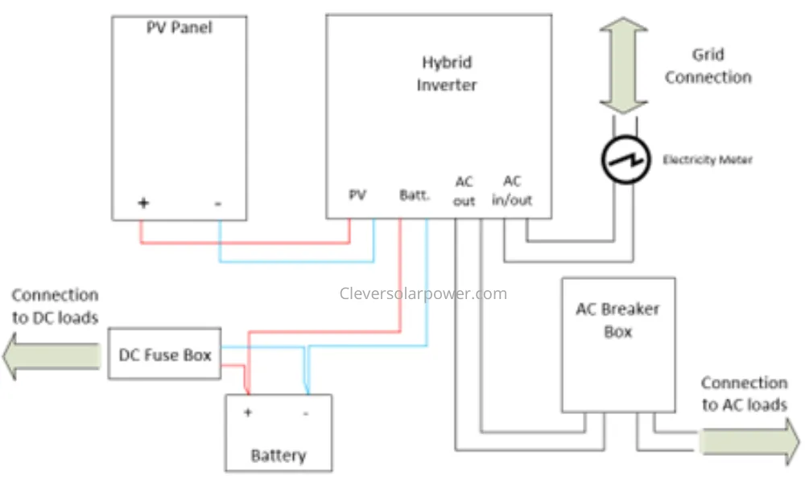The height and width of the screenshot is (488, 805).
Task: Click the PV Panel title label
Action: click(180, 27)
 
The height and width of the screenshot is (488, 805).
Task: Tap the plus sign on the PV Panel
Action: click(144, 203)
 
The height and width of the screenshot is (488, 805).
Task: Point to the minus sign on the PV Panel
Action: click(218, 203)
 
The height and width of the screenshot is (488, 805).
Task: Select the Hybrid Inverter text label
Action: click(446, 73)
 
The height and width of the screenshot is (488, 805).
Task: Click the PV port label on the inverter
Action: click(357, 195)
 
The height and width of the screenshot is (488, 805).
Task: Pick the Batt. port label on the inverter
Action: click(415, 195)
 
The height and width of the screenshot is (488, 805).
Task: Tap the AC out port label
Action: click(464, 191)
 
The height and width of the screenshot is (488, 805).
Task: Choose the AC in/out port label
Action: click(512, 191)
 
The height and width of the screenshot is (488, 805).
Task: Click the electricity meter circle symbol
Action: click(625, 160)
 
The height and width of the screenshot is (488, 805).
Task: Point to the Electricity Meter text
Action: click(708, 160)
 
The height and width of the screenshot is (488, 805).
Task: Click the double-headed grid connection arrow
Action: click(624, 66)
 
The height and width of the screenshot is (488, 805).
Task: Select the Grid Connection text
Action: click(708, 66)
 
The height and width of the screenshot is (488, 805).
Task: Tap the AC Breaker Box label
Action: click(617, 321)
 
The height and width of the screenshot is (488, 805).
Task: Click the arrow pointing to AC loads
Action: click(749, 441)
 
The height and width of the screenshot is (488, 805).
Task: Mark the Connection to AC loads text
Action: click(745, 394)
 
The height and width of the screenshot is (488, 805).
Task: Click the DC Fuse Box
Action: click(165, 354)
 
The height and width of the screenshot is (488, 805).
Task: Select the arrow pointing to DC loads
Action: click(52, 356)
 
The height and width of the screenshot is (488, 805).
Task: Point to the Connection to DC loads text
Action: click(55, 306)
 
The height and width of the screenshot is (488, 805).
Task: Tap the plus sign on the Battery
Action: click(248, 412)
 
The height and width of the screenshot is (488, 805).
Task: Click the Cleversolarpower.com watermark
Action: click(423, 293)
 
